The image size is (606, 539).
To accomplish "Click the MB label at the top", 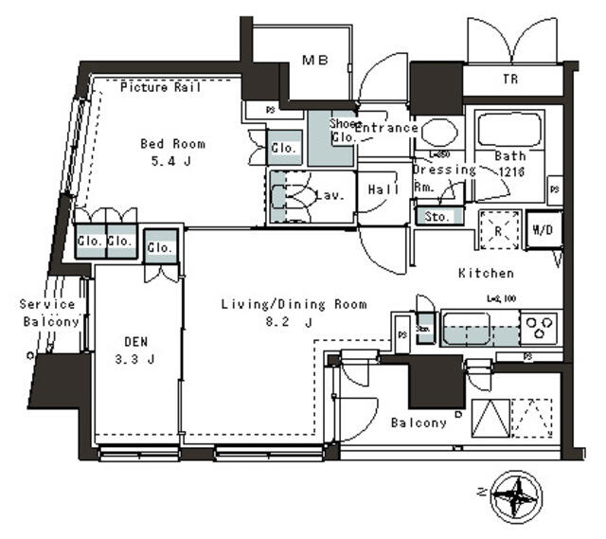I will [314, 61].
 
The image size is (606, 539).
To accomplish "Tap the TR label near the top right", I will [512, 81].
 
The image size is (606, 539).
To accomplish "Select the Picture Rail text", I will [160, 88].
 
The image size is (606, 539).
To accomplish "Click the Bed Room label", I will [172, 144].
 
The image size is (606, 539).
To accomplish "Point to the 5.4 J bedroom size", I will [172, 161].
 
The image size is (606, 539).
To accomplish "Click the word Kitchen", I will [486, 273].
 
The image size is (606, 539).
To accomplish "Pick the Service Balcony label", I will [48, 314].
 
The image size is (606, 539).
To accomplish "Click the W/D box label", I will [544, 229].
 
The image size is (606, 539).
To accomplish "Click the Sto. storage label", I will [438, 216].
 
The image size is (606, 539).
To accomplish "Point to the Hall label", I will [381, 188].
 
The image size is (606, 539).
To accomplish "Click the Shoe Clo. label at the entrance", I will [342, 130].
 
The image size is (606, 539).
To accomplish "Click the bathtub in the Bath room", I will [508, 133].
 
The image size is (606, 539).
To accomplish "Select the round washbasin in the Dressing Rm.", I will [437, 131].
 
